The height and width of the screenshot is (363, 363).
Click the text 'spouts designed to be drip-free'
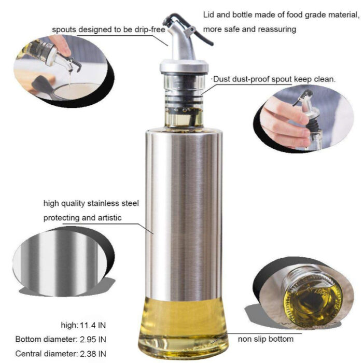point(108,30)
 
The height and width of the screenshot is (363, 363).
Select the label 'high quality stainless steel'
point(91,203)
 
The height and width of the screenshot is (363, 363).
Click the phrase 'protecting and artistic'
point(83,218)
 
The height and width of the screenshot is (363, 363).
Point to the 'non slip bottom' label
point(266,339)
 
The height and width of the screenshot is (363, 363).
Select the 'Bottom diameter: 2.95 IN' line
point(61,340)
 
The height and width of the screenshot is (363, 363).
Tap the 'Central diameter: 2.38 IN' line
point(61,354)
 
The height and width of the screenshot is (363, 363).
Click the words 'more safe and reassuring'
point(249,29)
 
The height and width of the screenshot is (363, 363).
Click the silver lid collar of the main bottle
point(184,66)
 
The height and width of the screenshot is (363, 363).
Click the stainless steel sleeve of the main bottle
point(184,207)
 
